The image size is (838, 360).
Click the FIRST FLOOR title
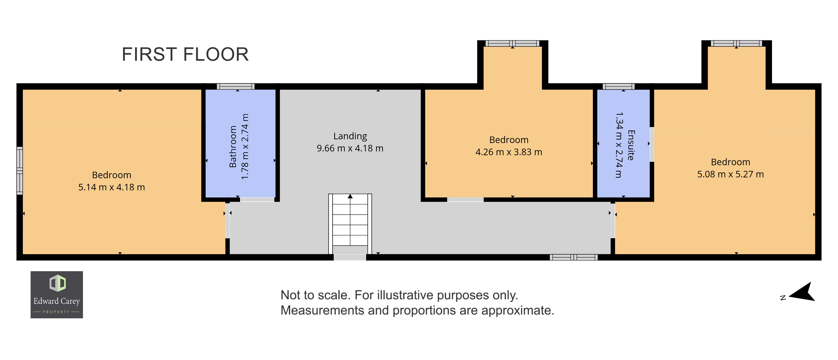click(x=185, y=54)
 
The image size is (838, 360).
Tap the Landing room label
click(x=350, y=136)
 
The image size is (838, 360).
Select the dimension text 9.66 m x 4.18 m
click(x=350, y=148)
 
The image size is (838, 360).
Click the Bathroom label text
click(x=233, y=146)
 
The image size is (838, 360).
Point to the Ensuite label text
click(x=631, y=145)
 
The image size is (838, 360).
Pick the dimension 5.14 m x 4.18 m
click(x=112, y=187)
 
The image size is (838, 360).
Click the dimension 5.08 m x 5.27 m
click(x=730, y=174)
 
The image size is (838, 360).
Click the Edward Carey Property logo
click(x=57, y=295)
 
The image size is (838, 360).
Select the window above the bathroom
click(x=236, y=86)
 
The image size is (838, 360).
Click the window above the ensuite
click(x=618, y=86)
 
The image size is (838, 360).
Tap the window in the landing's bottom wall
click(x=574, y=257)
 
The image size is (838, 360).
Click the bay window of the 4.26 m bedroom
click(x=512, y=43)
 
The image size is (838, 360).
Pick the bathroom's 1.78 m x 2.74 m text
click(x=245, y=146)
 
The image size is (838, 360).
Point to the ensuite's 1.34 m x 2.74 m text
click(x=619, y=145)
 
